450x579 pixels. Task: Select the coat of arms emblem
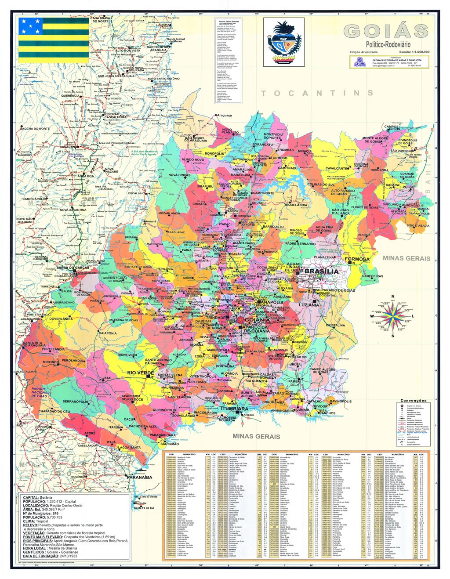[x=284, y=42]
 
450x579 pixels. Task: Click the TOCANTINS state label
[x=317, y=93]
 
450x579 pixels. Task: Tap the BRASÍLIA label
[x=322, y=271]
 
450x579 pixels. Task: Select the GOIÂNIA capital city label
[x=256, y=320]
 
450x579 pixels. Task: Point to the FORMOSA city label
[x=357, y=259]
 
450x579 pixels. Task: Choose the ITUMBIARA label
[x=234, y=409]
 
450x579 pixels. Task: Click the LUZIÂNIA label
[x=309, y=304]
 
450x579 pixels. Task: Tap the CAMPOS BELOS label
[x=392, y=128]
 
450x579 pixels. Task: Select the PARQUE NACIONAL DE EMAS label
[x=39, y=392]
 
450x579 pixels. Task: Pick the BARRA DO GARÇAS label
[x=73, y=268]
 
